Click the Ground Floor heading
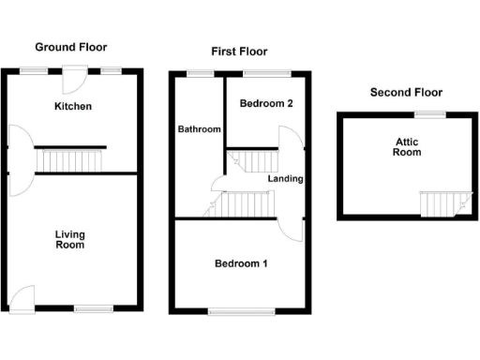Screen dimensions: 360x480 point(70,46)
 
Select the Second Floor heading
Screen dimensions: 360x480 point(406,92)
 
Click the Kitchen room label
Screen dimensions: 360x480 point(72,106)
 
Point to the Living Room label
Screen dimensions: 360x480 point(69,239)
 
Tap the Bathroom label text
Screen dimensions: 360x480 point(200,128)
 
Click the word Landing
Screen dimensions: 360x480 point(284,178)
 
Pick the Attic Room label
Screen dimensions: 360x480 point(406,147)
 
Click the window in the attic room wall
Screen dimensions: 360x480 point(431,114)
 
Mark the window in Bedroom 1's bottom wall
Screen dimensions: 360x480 point(241,310)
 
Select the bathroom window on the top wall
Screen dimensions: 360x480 point(199,72)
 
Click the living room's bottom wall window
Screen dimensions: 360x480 point(92,307)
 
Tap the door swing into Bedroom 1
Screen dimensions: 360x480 point(292,227)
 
